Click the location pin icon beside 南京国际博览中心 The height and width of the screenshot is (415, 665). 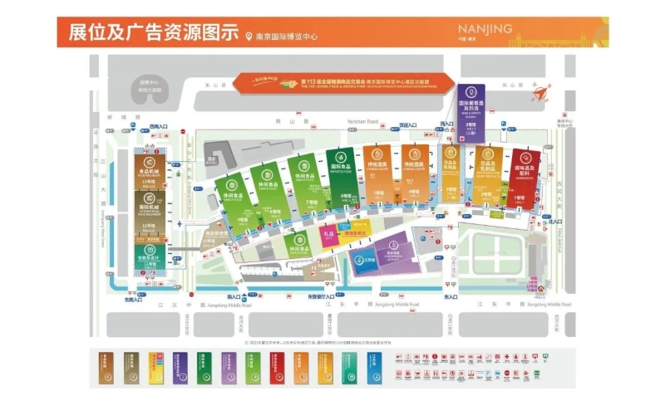coord(249,36)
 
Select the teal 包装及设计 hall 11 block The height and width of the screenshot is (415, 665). coord(150,250)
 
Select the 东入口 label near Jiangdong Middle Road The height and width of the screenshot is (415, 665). coord(451,296)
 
